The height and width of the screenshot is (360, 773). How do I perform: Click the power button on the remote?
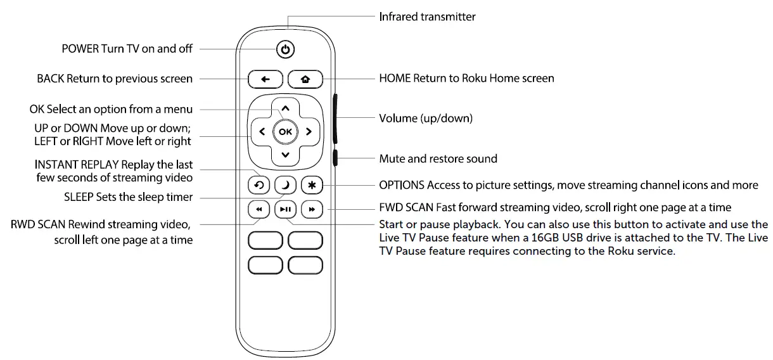(286, 49)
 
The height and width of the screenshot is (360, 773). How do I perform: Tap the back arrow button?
(265, 79)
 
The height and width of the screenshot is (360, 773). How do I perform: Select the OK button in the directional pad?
(285, 132)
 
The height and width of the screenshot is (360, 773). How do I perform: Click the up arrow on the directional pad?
(285, 108)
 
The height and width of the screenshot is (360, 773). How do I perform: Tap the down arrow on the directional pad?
(285, 155)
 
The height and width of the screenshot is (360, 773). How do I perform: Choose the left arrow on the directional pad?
(262, 132)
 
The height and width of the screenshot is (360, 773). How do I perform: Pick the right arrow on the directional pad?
(309, 132)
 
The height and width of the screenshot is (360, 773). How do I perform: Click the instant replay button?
(260, 185)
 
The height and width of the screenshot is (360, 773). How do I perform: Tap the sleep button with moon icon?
(285, 185)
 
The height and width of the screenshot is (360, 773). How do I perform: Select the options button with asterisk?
(311, 185)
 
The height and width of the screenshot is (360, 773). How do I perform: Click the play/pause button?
(285, 209)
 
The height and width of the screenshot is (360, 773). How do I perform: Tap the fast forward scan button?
(311, 209)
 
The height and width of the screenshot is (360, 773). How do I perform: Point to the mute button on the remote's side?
(335, 158)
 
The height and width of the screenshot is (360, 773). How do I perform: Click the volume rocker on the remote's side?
(335, 119)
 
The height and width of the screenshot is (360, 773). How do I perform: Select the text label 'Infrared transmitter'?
(427, 17)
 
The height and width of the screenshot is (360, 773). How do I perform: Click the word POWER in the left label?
(80, 49)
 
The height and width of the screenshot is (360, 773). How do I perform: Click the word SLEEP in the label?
(79, 197)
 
